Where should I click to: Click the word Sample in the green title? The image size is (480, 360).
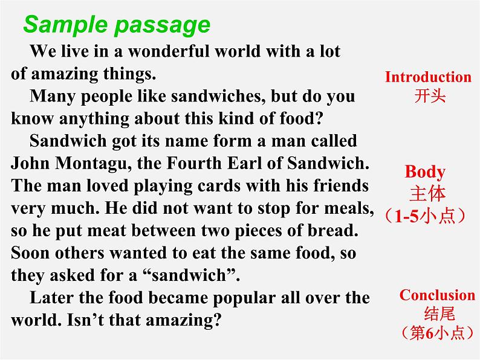[x=65, y=24]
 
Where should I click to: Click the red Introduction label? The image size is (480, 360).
[x=428, y=77]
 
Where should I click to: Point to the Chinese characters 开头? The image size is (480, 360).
[x=430, y=95]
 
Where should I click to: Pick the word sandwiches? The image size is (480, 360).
[x=218, y=96]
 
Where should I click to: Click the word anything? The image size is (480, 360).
[x=94, y=118]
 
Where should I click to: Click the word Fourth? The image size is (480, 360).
[x=194, y=163]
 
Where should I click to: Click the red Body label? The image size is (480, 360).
[x=425, y=172]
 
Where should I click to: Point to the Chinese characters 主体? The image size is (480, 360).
[x=427, y=193]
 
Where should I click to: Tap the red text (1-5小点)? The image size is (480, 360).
[x=426, y=216]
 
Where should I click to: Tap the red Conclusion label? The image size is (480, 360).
[x=437, y=295]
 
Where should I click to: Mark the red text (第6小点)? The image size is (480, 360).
[x=438, y=332]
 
